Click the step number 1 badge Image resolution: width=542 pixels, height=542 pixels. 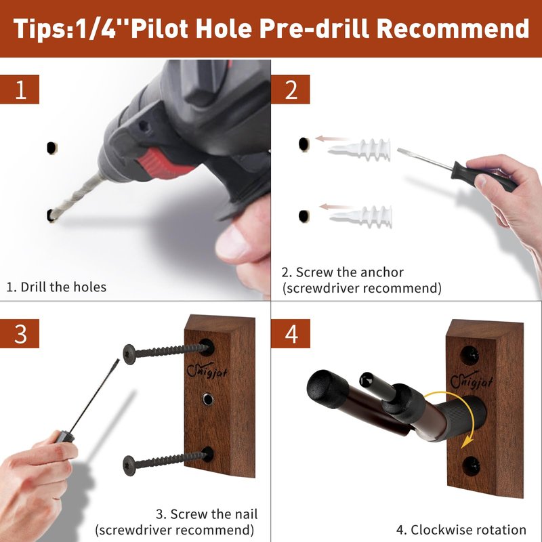[x=20, y=89]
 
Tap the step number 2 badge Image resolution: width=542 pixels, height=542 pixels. [x=291, y=89]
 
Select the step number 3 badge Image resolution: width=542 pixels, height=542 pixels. [x=20, y=333]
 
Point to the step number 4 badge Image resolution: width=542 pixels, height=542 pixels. [x=291, y=333]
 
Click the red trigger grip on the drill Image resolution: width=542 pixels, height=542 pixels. [x=163, y=163]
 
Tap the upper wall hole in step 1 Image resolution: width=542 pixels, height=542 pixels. [x=51, y=148]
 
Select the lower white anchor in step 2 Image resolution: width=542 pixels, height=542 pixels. [x=361, y=217]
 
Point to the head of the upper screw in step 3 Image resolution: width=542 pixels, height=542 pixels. [x=129, y=354]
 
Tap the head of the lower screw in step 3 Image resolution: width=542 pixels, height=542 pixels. [x=129, y=465]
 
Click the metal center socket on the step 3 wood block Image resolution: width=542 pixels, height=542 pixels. [x=207, y=399]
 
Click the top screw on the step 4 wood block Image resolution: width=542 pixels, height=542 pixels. [x=470, y=355]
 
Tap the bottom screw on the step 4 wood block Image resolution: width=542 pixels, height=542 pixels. [x=471, y=465]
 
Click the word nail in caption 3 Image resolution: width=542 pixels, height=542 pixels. [x=243, y=514]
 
